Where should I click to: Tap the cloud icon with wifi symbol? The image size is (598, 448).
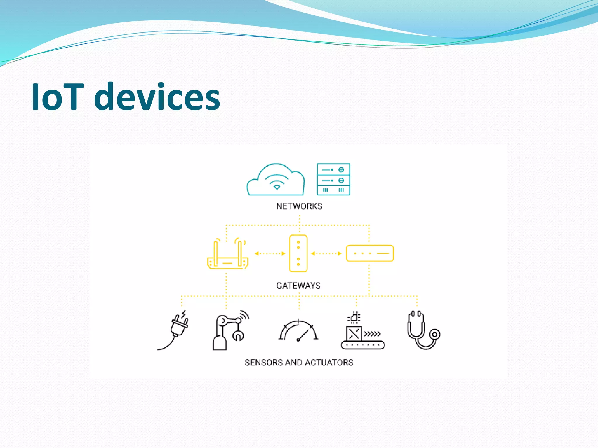coord(276,180)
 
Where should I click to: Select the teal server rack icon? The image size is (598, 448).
coord(333,179)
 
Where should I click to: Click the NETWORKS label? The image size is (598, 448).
coord(299,206)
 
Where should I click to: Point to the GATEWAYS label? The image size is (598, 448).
coord(298,286)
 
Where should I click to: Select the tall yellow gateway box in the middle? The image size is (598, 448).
coord(298,253)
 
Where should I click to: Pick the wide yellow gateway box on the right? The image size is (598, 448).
coord(370,253)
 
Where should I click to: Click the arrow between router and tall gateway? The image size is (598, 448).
coord(270,253)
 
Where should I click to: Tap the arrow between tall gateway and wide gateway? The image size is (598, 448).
coord(326,253)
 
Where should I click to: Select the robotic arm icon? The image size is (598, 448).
coord(226,331)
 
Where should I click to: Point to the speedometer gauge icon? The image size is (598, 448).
coord(298,331)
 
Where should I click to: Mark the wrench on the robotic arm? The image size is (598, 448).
coord(238,335)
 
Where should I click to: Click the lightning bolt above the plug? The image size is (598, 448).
coord(183,314)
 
